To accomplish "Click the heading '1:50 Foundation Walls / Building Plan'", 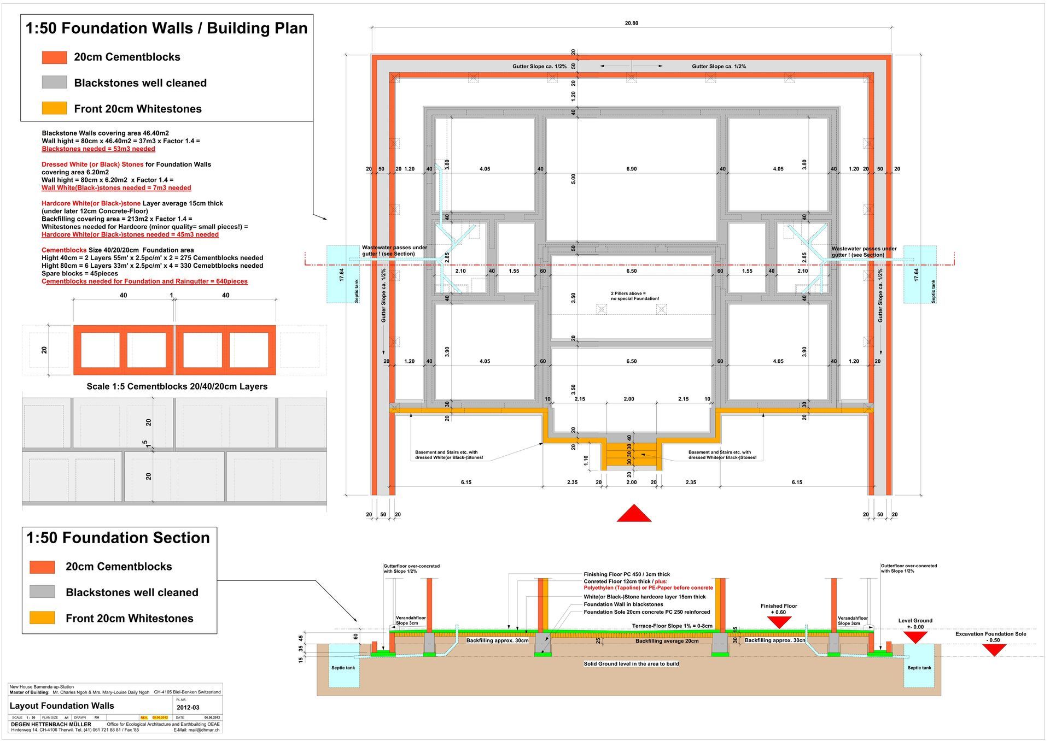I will (166, 28).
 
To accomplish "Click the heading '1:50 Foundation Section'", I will (118, 538).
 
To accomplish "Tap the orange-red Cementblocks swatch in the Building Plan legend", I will (54, 57).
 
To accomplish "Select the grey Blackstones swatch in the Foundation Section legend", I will (42, 592).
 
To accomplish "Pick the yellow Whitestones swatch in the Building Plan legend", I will (54, 108).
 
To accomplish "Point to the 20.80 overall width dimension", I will (631, 23).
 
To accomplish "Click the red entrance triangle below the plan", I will (634, 514).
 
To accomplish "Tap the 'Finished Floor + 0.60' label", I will (779, 609).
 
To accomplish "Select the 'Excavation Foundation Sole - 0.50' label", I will (990, 637).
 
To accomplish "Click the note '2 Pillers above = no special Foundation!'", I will (634, 296).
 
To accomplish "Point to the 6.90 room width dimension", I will (631, 169).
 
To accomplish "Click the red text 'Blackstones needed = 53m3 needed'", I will (98, 149).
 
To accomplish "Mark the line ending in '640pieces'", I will (144, 281).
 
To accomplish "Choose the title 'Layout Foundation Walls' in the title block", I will (62, 706).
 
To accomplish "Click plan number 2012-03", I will (188, 707).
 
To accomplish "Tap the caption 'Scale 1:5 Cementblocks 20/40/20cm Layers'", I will (177, 386).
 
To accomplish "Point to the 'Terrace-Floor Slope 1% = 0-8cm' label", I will (672, 626).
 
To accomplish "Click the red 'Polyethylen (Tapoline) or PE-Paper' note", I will (648, 588).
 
